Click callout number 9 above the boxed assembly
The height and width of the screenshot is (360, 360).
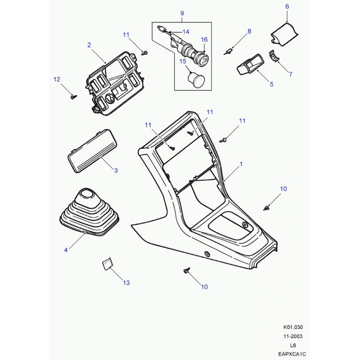pos(182,13)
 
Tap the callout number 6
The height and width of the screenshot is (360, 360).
pos(287,6)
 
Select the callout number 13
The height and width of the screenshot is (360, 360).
pos(126,283)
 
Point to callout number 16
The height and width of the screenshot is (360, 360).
pos(204,40)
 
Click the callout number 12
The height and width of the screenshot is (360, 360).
pos(57,79)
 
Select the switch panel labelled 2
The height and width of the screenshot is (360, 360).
pos(115,84)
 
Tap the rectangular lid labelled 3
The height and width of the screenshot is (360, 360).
pos(92,151)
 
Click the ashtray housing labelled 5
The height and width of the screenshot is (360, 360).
pos(250,64)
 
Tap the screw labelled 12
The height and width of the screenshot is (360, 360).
pos(74,97)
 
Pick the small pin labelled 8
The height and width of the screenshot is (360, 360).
pos(228,52)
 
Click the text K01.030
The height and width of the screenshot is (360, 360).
pos(293,327)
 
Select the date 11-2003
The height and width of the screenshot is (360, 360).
pos(293,336)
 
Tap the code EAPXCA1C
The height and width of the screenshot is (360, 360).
pos(292,354)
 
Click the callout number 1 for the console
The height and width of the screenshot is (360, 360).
pos(241,164)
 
